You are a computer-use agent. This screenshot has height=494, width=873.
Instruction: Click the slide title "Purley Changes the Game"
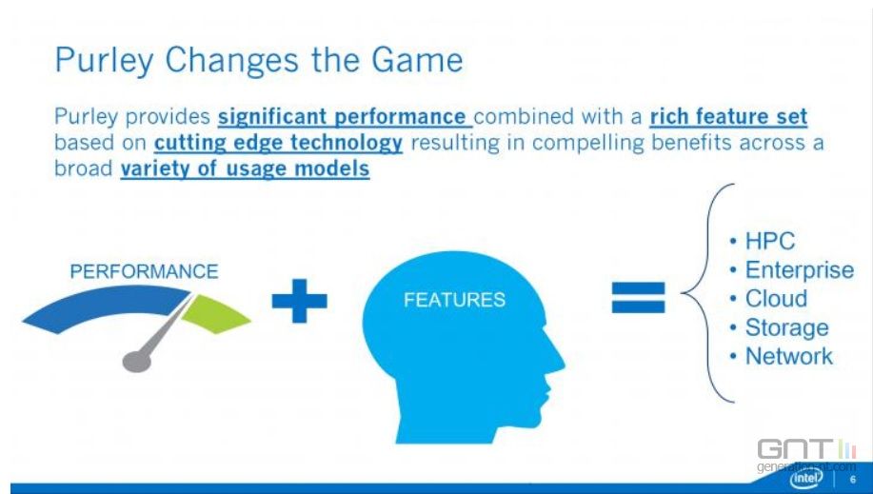coord(259,61)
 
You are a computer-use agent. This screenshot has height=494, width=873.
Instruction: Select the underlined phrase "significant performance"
coord(345,117)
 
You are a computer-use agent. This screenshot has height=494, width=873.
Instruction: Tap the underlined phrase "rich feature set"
coord(728,116)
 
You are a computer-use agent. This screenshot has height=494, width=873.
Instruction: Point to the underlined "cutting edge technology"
coord(278,143)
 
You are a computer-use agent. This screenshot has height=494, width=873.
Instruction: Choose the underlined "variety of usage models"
coord(245,168)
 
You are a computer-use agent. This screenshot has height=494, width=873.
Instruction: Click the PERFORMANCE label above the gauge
coord(144,271)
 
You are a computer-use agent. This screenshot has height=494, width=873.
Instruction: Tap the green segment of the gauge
coord(215,314)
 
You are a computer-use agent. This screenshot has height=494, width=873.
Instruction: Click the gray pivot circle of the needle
coord(136,362)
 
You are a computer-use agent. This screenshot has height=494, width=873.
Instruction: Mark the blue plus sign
coord(300,301)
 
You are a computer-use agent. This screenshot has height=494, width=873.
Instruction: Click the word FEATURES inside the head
coord(454,300)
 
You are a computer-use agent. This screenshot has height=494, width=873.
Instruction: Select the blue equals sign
coord(638,297)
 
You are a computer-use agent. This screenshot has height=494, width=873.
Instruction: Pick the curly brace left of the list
coord(707,293)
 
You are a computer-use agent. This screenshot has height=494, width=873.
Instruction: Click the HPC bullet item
coord(763,241)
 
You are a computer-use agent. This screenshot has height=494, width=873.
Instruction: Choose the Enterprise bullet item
coord(792,270)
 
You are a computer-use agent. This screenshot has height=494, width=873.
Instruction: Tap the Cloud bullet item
coord(768,299)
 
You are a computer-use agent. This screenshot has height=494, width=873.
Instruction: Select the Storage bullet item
coord(779,327)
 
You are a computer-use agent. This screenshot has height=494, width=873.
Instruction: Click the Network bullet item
coord(782,356)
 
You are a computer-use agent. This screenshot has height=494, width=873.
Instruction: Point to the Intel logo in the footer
coord(806,478)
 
